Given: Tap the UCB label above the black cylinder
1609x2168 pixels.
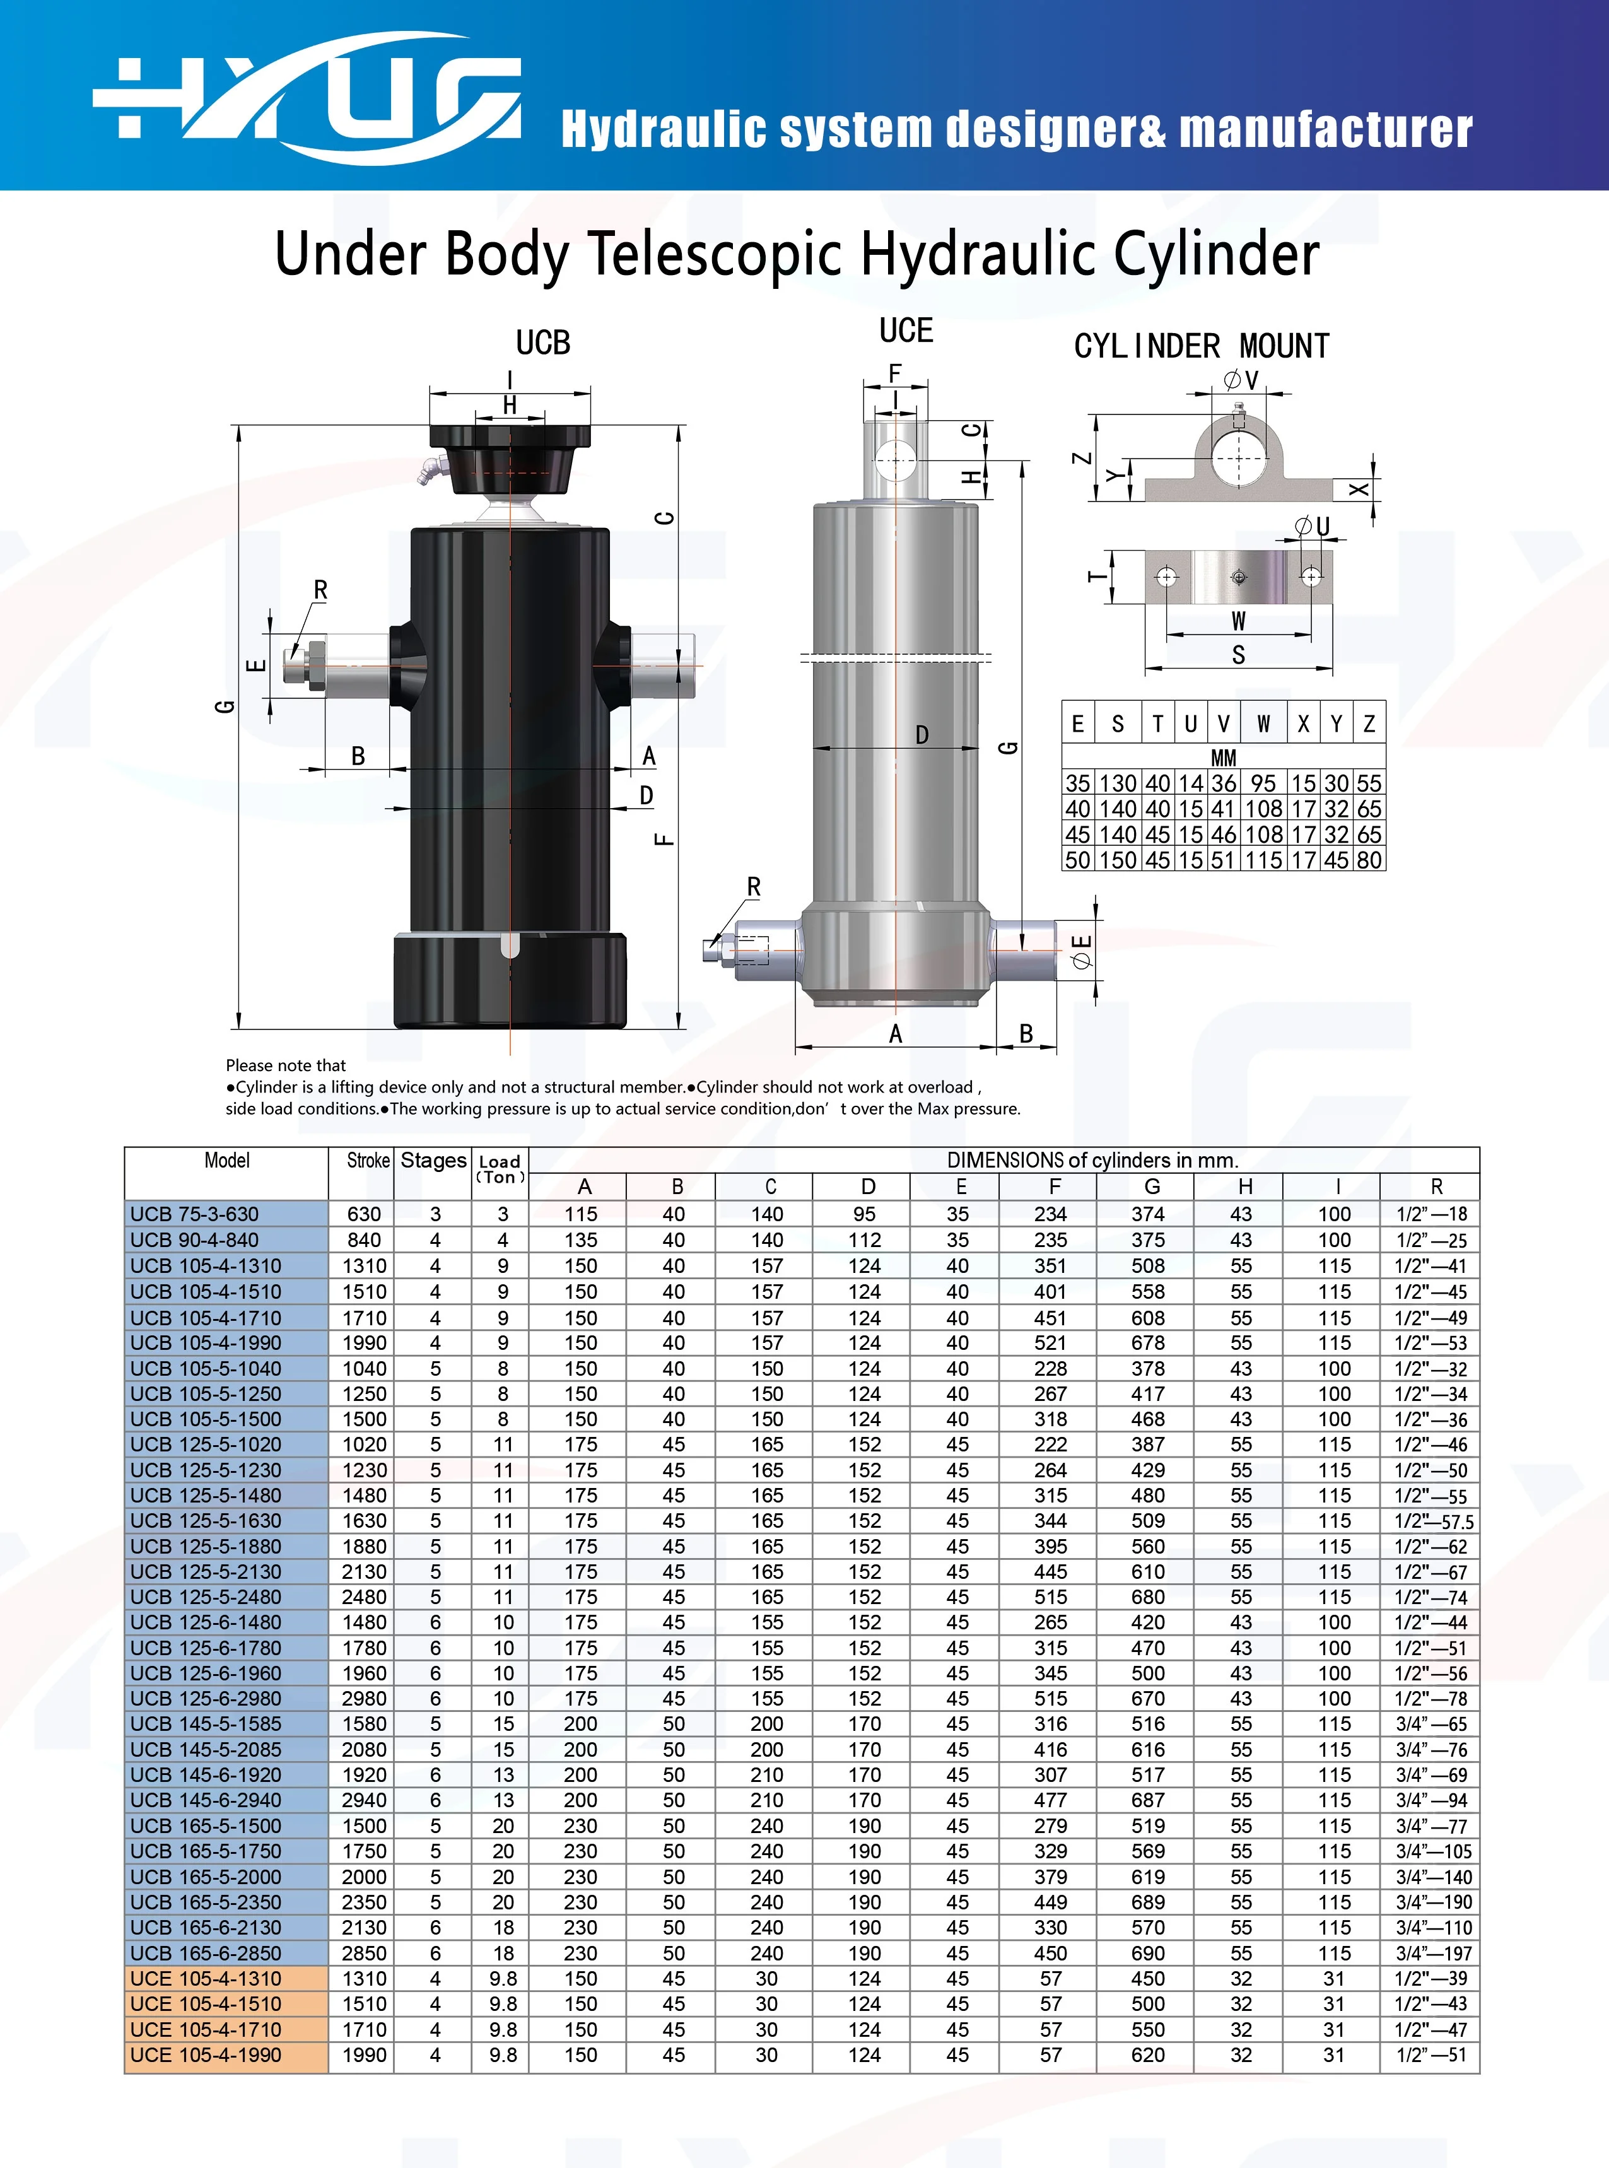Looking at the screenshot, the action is pos(542,342).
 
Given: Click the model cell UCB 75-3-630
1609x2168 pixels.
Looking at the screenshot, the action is pos(195,1214).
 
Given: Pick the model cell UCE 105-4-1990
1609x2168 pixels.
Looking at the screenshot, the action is pos(206,2055).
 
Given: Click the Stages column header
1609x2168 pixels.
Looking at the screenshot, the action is pos(433,1160).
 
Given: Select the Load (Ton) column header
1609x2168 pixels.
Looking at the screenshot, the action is pos(500,1169).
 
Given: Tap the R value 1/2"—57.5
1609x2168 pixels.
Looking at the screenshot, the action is pos(1435,1521).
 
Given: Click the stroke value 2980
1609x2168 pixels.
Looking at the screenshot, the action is pos(365,1699).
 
